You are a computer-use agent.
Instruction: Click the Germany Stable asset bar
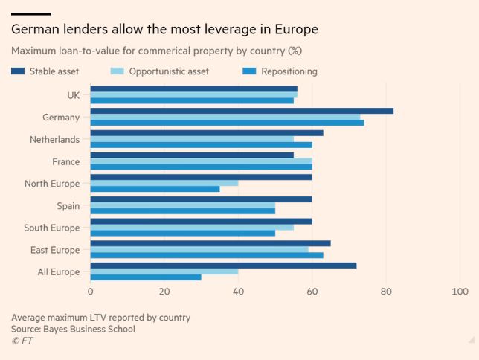pos(242,111)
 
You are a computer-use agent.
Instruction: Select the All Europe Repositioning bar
pos(146,277)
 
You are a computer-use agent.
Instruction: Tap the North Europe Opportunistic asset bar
pos(164,182)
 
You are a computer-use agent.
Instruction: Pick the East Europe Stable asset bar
pos(210,243)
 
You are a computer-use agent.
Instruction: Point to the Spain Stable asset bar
pos(201,199)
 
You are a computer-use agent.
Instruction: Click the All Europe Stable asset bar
pos(223,265)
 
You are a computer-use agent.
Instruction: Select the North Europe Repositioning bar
pos(155,189)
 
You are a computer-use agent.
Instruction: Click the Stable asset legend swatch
pos(17,71)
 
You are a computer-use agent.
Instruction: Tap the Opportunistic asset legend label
pos(169,71)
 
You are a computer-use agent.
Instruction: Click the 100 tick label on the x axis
pos(459,292)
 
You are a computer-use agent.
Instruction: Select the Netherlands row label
pos(54,139)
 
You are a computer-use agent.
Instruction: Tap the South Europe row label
pos(51,228)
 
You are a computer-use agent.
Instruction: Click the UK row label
pos(73,94)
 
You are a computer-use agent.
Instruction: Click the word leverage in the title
pos(216,30)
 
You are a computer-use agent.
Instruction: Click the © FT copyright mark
pos(22,341)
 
